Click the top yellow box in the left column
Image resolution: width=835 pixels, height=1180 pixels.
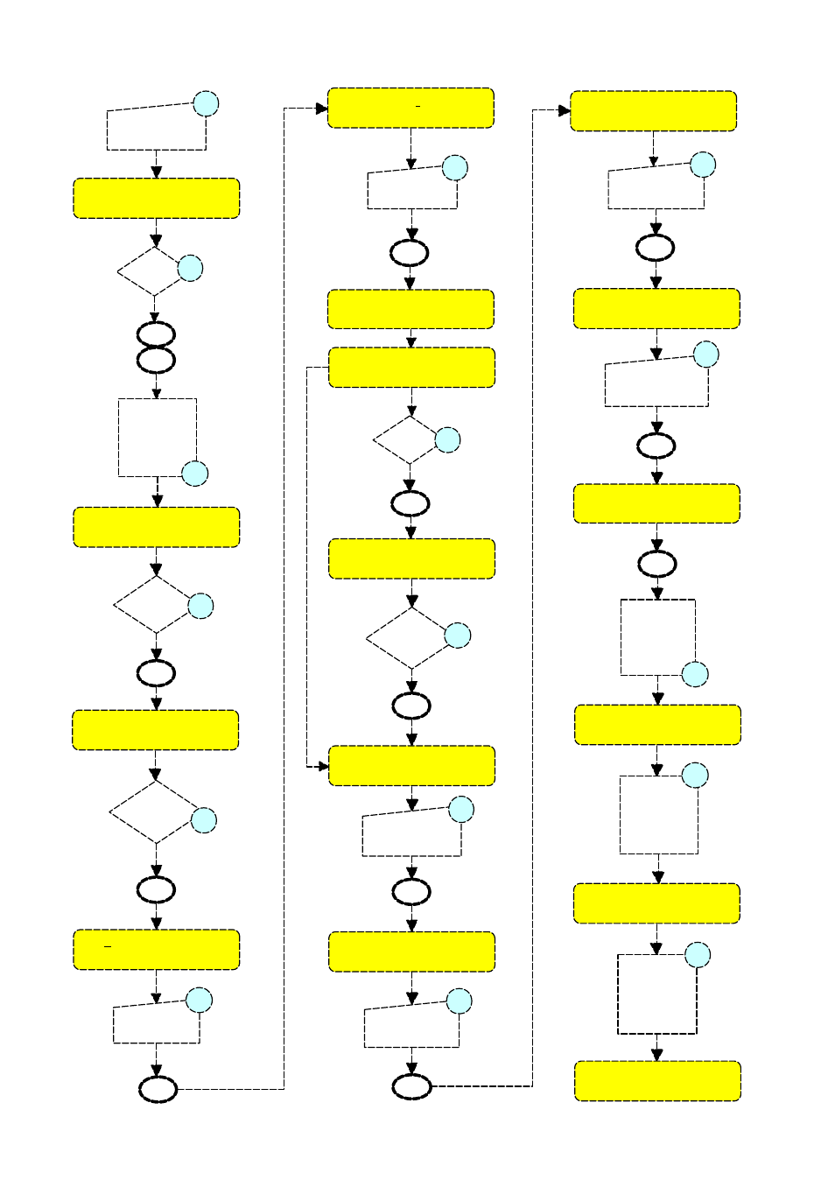pos(156,199)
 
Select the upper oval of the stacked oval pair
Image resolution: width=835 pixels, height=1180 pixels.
pos(156,334)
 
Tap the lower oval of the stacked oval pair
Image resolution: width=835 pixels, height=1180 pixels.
pos(156,360)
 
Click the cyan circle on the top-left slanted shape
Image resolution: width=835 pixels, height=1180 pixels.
pos(206,103)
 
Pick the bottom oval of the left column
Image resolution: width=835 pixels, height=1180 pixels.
pos(158,1089)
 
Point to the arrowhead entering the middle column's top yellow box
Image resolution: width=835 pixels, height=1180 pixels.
pos(322,109)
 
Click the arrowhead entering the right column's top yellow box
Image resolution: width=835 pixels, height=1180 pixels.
pos(565,111)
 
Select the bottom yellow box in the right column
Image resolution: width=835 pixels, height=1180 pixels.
pos(657,1081)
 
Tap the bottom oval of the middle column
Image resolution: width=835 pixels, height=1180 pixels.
pos(411,1086)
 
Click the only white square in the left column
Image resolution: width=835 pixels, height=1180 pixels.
pos(157,438)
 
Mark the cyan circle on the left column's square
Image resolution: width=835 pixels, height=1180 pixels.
pos(194,474)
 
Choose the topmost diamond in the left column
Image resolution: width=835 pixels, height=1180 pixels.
pos(153,271)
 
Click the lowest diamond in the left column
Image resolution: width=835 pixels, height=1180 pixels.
pos(155,811)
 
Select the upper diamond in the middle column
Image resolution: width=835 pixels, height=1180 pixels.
pos(410,439)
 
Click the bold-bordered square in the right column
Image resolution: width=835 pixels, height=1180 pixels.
pos(657,994)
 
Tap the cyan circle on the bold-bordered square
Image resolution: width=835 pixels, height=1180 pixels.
pos(697,955)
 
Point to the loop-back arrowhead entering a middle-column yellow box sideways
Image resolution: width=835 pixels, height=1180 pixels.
pos(323,766)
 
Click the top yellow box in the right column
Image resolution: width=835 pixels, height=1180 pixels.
pos(653,111)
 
